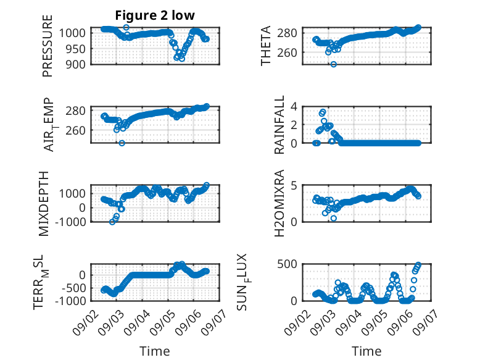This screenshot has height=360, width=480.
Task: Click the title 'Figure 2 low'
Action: tap(155, 15)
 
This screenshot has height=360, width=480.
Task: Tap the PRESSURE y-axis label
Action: tap(48, 46)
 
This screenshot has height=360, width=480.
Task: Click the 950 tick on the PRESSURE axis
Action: tap(76, 48)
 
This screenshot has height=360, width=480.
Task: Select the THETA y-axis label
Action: tap(266, 46)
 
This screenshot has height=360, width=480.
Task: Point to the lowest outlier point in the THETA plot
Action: tap(334, 64)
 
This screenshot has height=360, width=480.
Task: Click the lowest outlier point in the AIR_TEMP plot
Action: tap(122, 143)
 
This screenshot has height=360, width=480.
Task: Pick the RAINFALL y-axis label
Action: tap(279, 124)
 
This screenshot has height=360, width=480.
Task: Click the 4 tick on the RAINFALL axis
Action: tap(294, 107)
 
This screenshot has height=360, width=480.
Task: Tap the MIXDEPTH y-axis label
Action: tap(44, 204)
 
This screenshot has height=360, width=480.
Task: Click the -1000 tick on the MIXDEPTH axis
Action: tap(70, 222)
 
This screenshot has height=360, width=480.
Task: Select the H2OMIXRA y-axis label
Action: tap(279, 203)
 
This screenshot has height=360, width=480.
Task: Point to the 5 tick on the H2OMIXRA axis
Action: tap(294, 185)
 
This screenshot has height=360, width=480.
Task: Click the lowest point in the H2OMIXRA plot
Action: tap(334, 218)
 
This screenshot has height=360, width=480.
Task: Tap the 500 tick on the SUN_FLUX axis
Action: tap(287, 264)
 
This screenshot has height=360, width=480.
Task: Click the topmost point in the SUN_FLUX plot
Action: tap(418, 264)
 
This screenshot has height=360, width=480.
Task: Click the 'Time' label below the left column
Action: tap(155, 351)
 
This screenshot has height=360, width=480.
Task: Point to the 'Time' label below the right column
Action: tap(366, 351)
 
